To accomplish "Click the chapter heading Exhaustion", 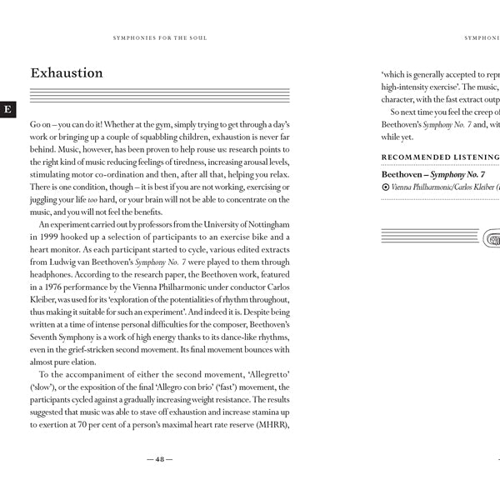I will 67,73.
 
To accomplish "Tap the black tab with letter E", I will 7,109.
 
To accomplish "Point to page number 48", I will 159,459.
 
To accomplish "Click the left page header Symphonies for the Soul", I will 159,37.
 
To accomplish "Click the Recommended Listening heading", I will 440,157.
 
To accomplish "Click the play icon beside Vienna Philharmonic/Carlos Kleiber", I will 384,187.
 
